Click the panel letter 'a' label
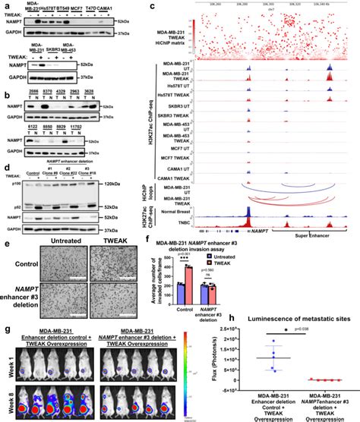5,5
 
